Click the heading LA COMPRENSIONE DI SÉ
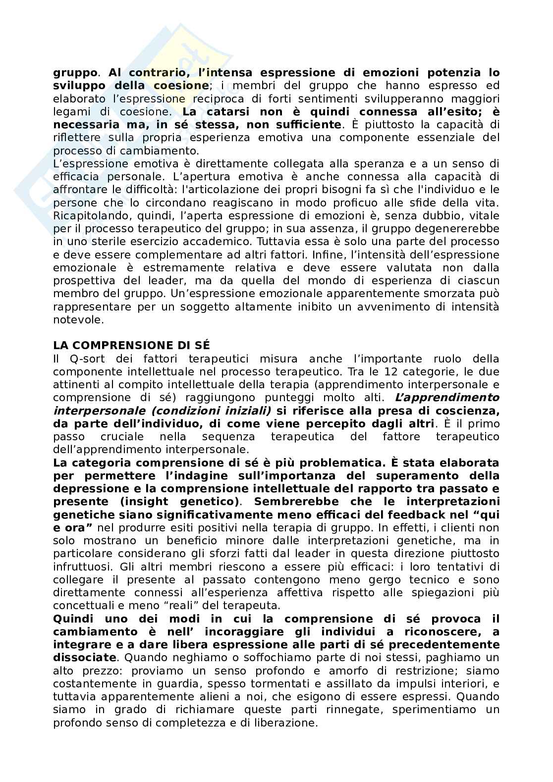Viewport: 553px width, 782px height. tap(131, 345)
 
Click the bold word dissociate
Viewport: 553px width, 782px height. tap(84, 658)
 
